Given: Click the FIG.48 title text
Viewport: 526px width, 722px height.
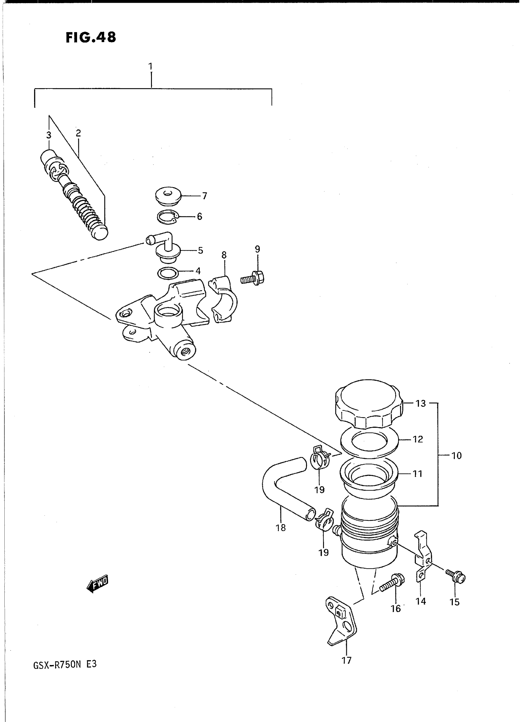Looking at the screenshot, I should point(91,37).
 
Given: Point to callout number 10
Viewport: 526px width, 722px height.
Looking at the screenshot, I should point(456,456).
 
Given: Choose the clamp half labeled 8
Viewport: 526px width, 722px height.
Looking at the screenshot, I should point(224,300).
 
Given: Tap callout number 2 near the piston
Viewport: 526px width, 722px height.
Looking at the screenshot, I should point(78,133).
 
